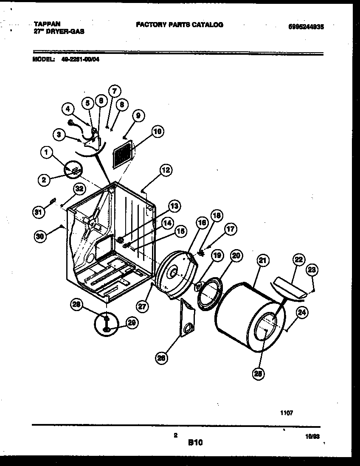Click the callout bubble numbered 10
point(157,132)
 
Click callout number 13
point(174,206)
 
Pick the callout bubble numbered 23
point(312,269)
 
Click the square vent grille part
point(124,154)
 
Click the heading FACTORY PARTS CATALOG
point(179,25)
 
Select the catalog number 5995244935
point(306,26)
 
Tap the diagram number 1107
point(287,412)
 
